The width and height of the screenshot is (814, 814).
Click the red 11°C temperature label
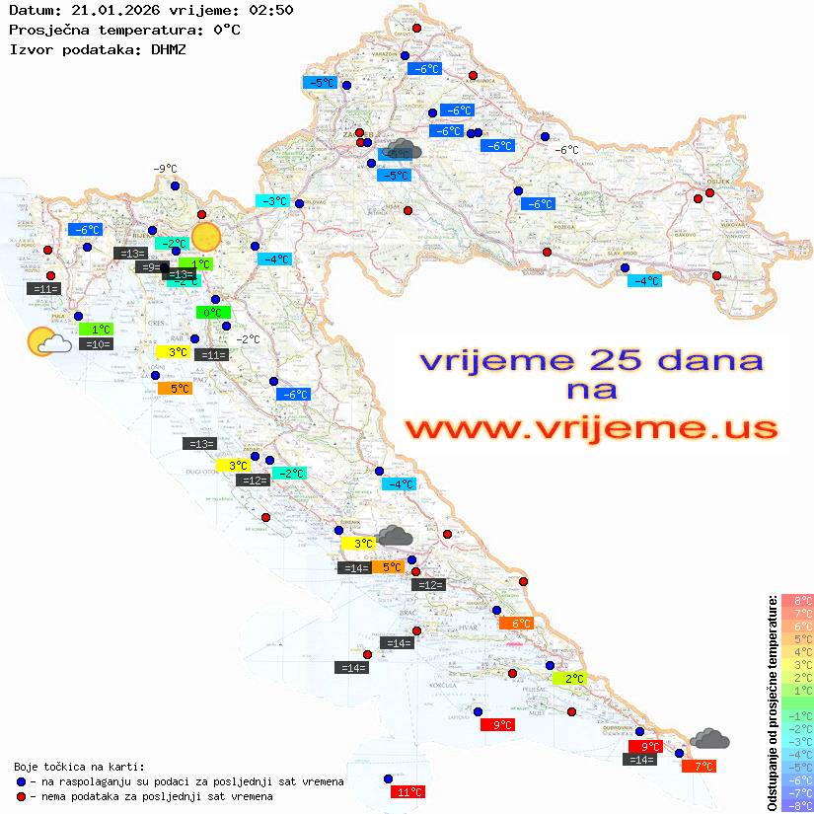click(x=408, y=791)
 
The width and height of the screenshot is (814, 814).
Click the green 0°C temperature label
click(x=211, y=313)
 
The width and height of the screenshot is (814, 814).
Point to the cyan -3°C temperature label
click(x=272, y=201)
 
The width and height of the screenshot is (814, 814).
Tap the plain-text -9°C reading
click(x=165, y=169)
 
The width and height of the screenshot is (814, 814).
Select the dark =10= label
click(x=97, y=344)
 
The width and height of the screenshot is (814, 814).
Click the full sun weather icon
click(x=206, y=237)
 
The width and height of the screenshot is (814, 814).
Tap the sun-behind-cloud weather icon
click(x=47, y=342)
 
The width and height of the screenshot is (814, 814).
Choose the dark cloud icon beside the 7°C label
click(x=709, y=739)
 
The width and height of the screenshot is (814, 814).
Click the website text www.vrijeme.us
click(x=590, y=428)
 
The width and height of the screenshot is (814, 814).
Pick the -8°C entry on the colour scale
click(x=796, y=805)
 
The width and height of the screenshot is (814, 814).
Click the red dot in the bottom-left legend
click(x=21, y=796)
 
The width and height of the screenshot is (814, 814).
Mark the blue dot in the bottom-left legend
click(x=21, y=781)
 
